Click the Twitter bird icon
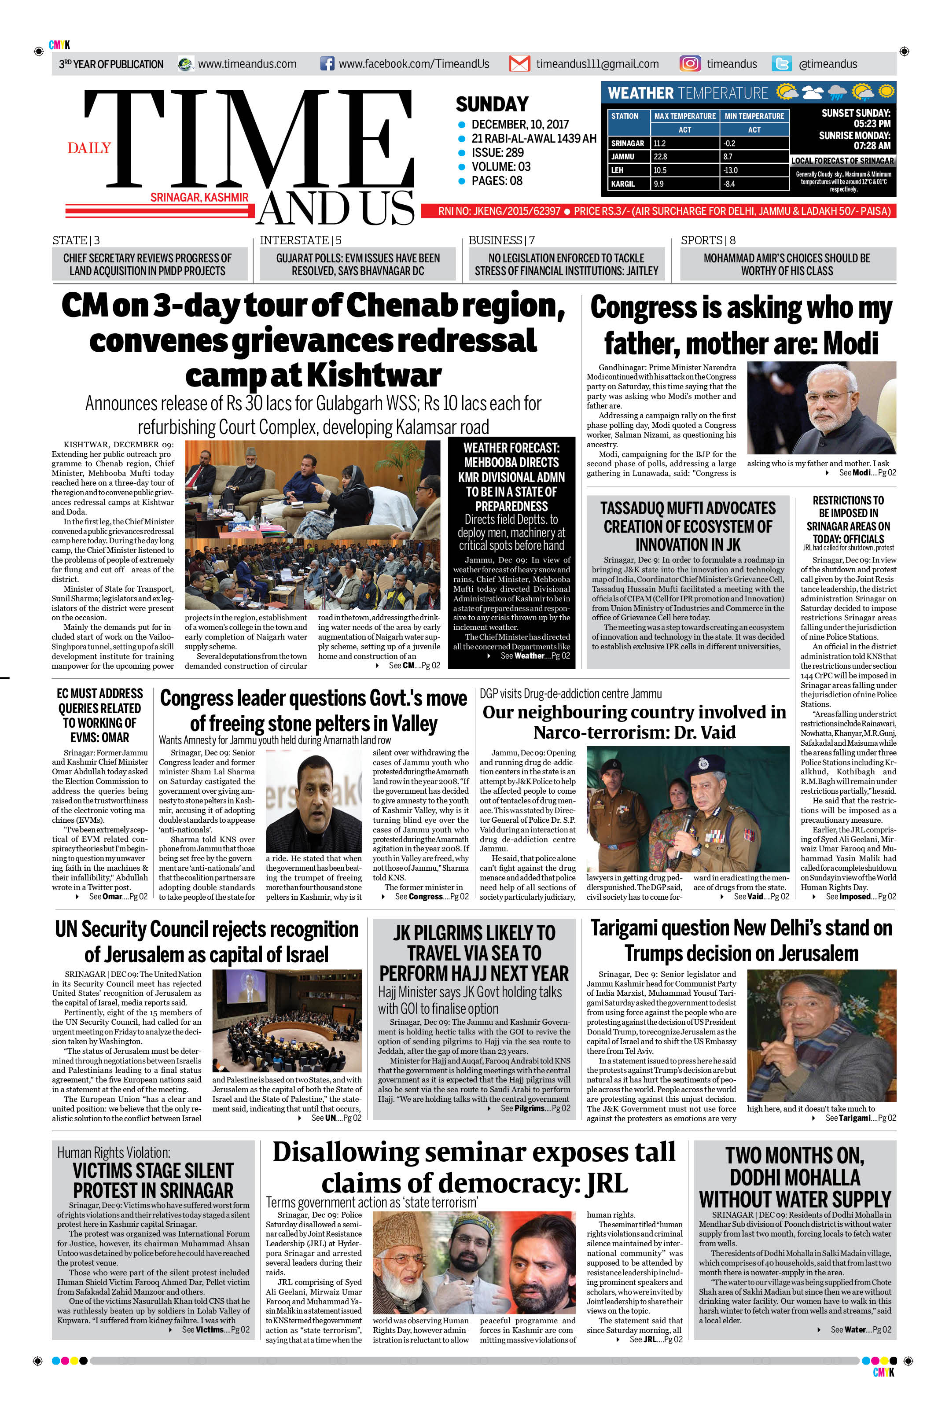pyautogui.click(x=782, y=63)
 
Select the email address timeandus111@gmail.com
pyautogui.click(x=597, y=63)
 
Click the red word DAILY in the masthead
pyautogui.click(x=89, y=148)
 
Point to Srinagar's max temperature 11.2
pyautogui.click(x=660, y=144)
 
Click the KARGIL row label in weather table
pyautogui.click(x=623, y=184)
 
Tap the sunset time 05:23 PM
pyautogui.click(x=872, y=124)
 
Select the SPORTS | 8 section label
pyautogui.click(x=707, y=240)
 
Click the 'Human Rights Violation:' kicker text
pyautogui.click(x=114, y=1152)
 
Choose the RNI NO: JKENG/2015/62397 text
pyautogui.click(x=499, y=211)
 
